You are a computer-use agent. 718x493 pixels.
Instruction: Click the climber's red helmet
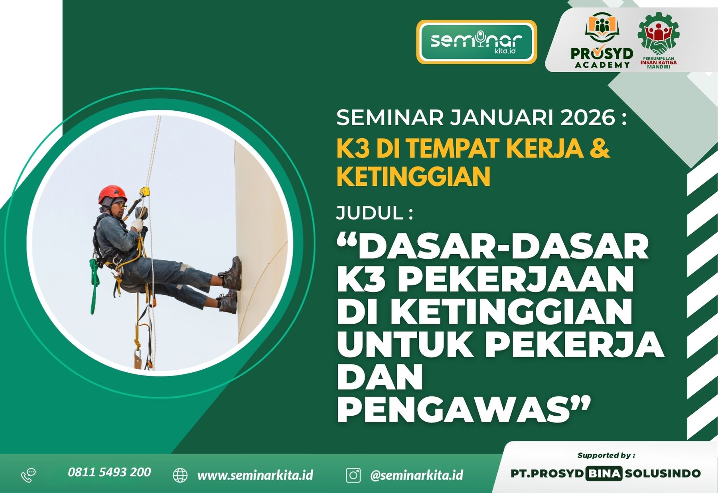point(112,194)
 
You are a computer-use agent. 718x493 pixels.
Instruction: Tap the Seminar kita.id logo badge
point(477,42)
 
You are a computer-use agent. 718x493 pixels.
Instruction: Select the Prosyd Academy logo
point(602,41)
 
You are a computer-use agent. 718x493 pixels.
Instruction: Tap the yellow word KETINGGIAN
point(413,177)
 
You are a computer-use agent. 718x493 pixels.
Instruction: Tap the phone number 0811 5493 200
point(109,472)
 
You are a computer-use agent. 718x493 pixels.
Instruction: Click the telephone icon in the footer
point(28,475)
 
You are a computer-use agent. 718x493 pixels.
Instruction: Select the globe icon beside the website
point(180,475)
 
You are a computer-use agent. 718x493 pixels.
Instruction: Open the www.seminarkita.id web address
point(255,475)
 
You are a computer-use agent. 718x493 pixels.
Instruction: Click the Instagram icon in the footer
point(353,475)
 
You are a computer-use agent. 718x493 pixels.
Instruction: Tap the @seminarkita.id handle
point(416,475)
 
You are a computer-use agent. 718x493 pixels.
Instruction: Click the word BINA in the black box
point(604,473)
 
